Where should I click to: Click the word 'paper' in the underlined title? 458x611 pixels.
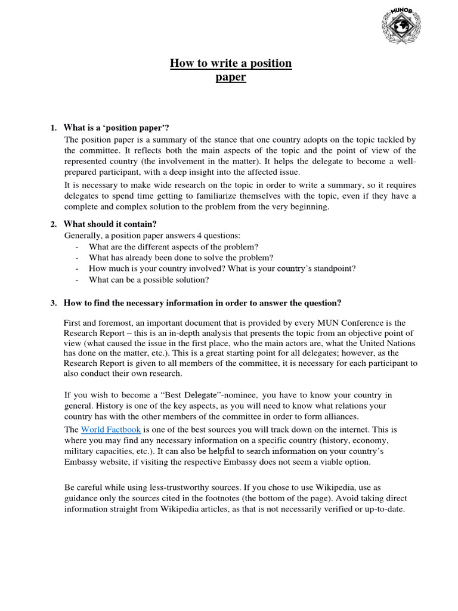[231, 78]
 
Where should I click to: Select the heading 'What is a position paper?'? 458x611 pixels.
[116, 128]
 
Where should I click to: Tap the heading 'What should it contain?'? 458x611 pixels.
[110, 224]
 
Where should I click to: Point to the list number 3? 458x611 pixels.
[54, 303]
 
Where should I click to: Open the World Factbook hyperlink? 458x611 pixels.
[111, 430]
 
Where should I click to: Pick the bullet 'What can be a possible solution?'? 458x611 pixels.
[148, 280]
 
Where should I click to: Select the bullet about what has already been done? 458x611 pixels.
[181, 258]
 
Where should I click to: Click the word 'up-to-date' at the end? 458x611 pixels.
[385, 510]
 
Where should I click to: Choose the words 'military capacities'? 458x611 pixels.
[95, 452]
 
